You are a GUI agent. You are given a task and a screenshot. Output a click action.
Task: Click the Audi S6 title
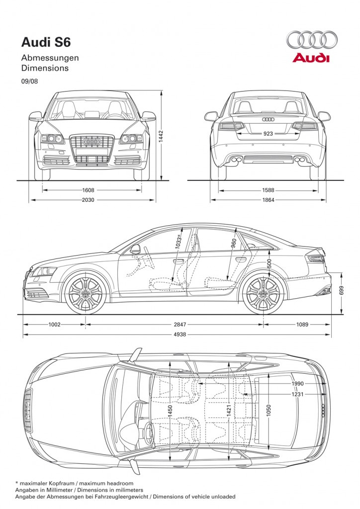click(x=46, y=43)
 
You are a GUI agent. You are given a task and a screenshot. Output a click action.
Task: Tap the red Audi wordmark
click(x=311, y=58)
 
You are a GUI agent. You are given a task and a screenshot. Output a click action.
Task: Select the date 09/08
click(x=29, y=81)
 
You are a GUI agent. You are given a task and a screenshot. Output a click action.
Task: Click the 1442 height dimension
click(x=161, y=137)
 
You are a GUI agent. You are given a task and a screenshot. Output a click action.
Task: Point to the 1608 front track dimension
click(x=88, y=190)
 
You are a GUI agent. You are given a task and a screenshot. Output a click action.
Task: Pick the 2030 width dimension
click(x=88, y=200)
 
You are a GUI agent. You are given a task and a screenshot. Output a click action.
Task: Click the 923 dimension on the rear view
click(x=268, y=133)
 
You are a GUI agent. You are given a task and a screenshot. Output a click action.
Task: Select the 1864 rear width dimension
click(x=269, y=200)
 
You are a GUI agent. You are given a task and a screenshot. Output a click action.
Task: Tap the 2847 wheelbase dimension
click(x=180, y=324)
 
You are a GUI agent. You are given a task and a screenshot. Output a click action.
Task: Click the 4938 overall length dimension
click(x=180, y=335)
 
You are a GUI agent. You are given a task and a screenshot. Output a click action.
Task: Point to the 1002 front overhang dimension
click(x=54, y=324)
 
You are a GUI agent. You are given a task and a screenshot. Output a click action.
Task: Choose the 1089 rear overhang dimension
click(x=302, y=324)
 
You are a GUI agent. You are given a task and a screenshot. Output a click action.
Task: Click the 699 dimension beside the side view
click(x=341, y=290)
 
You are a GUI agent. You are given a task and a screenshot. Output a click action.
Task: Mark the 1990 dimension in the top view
click(x=297, y=384)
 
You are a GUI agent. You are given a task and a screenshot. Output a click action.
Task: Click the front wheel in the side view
click(x=86, y=294)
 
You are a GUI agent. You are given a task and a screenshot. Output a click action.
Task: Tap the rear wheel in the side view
click(x=263, y=294)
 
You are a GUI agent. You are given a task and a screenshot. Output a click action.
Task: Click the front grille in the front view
click(x=91, y=149)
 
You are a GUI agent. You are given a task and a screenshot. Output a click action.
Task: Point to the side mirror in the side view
click(x=135, y=249)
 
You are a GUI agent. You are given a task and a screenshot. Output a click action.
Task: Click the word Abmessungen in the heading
click(x=50, y=58)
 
